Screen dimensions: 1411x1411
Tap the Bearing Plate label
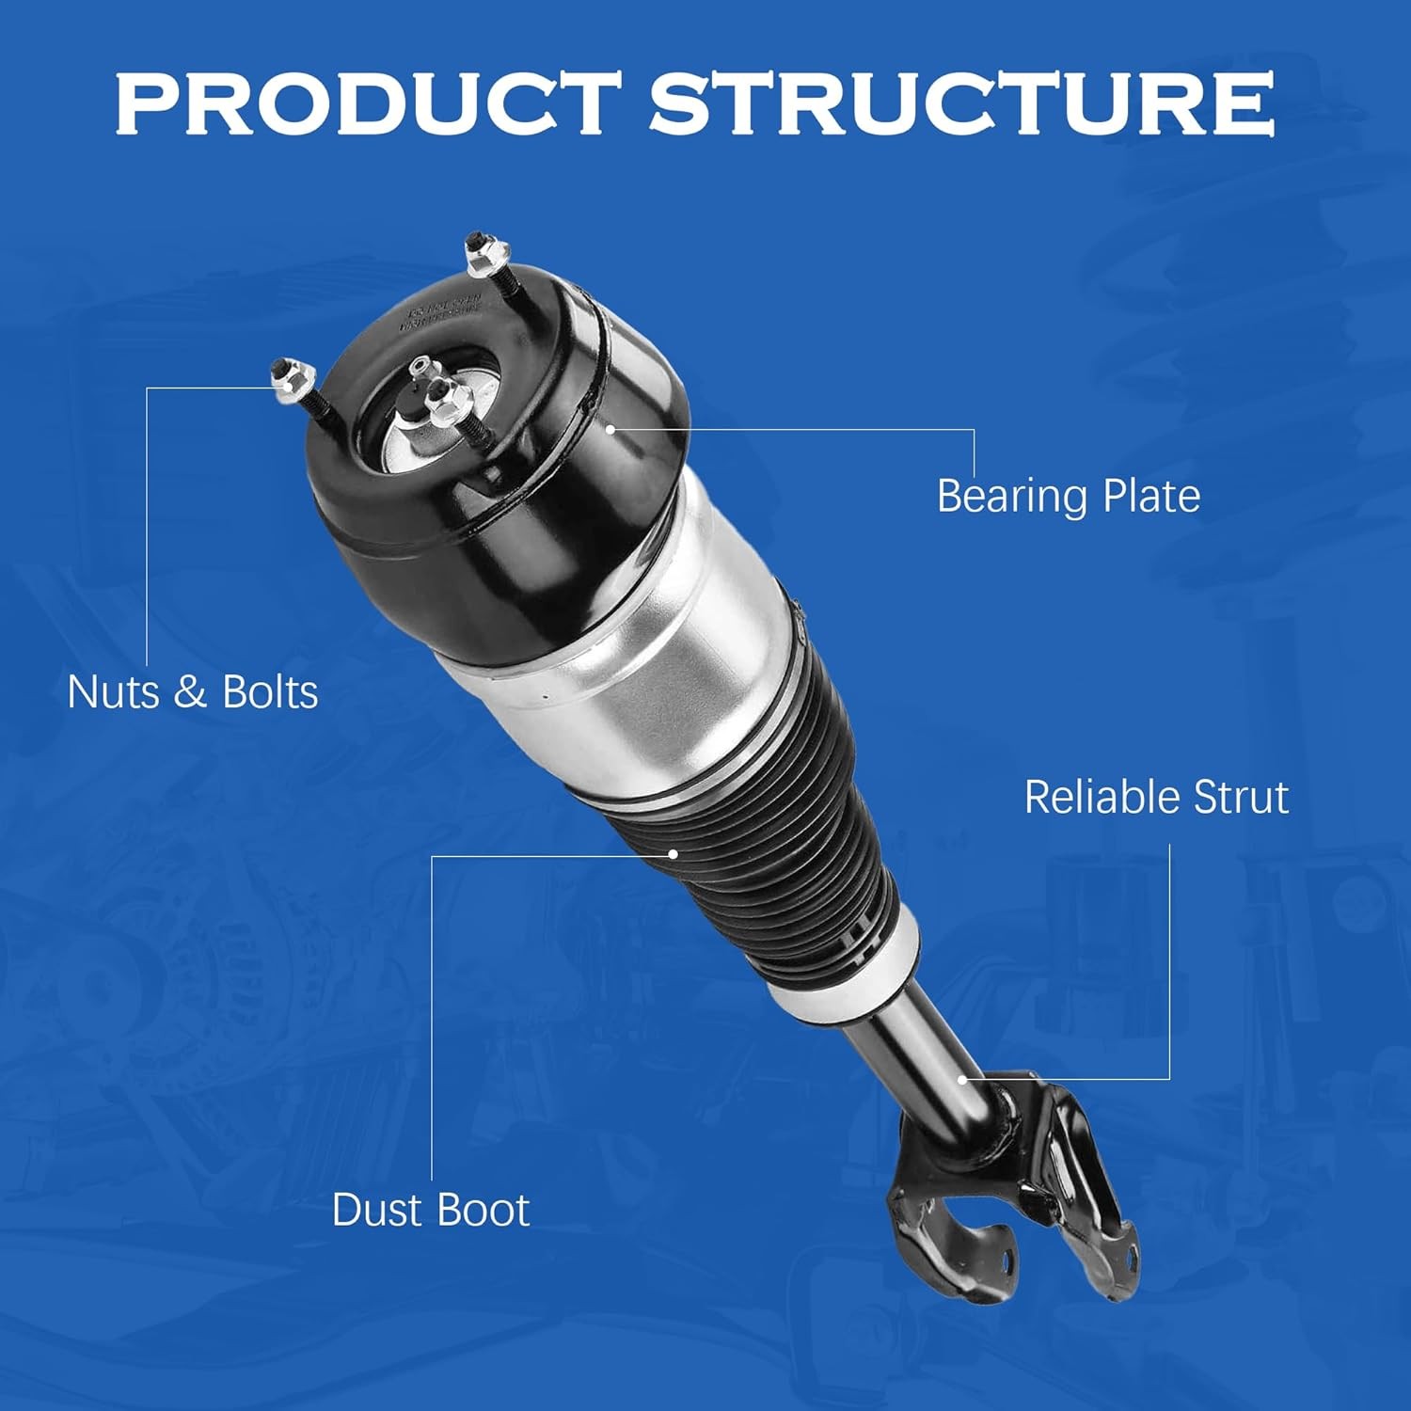(x=1068, y=496)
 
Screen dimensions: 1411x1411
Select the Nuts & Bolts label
(x=193, y=692)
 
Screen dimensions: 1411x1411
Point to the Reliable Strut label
(x=1156, y=797)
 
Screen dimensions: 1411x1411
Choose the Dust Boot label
(x=431, y=1210)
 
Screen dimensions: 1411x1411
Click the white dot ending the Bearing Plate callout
(x=610, y=429)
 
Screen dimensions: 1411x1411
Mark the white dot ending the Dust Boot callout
(x=674, y=854)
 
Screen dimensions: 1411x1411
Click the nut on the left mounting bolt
(x=283, y=378)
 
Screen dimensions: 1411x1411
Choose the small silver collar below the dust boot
(x=847, y=969)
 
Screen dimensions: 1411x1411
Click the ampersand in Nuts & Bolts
(x=189, y=693)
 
